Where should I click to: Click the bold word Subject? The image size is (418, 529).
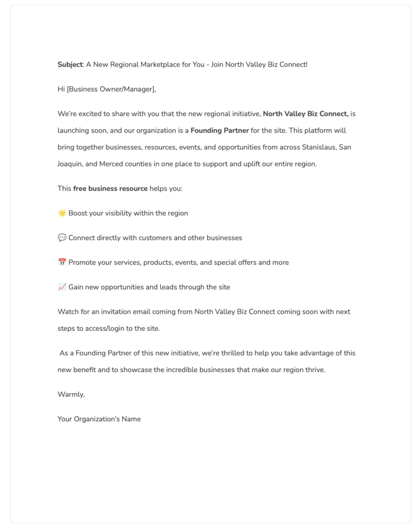coord(70,65)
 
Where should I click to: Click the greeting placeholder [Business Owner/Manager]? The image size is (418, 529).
coord(111,89)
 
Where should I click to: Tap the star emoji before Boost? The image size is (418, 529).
coord(62,213)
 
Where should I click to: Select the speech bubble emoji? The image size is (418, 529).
coord(62,238)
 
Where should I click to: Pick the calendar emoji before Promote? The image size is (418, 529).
coord(62,262)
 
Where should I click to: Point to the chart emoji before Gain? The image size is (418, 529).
coord(62,287)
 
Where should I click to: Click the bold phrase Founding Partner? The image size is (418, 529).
coord(220,131)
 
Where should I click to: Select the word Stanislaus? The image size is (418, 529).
coord(319,147)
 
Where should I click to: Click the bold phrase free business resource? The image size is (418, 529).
coord(110,189)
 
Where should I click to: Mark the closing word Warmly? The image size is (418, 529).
coord(71,394)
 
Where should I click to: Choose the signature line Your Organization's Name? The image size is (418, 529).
coord(99,419)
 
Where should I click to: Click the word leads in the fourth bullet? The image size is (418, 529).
coord(167,287)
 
